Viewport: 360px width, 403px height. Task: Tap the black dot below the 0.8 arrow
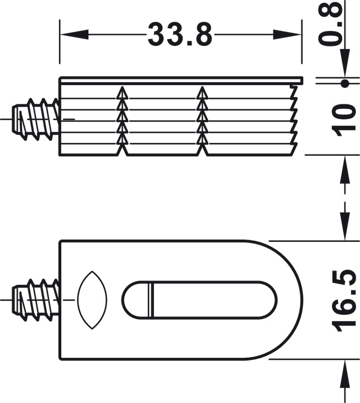[345, 84]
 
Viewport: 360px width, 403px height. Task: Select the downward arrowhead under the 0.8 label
[345, 68]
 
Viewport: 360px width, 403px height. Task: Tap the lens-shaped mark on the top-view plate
[90, 300]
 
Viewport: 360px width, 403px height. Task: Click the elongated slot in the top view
[199, 300]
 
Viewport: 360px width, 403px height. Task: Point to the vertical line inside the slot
[149, 300]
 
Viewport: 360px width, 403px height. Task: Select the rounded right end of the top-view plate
[293, 300]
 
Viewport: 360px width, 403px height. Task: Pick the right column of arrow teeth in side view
[202, 119]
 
